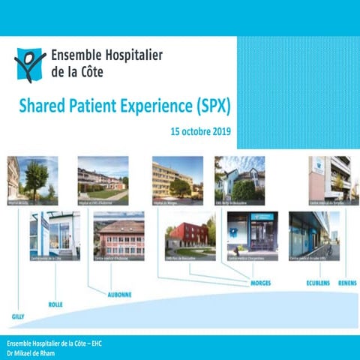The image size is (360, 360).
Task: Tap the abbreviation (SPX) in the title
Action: [x=211, y=106]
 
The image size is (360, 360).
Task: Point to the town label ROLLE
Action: [x=55, y=304]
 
